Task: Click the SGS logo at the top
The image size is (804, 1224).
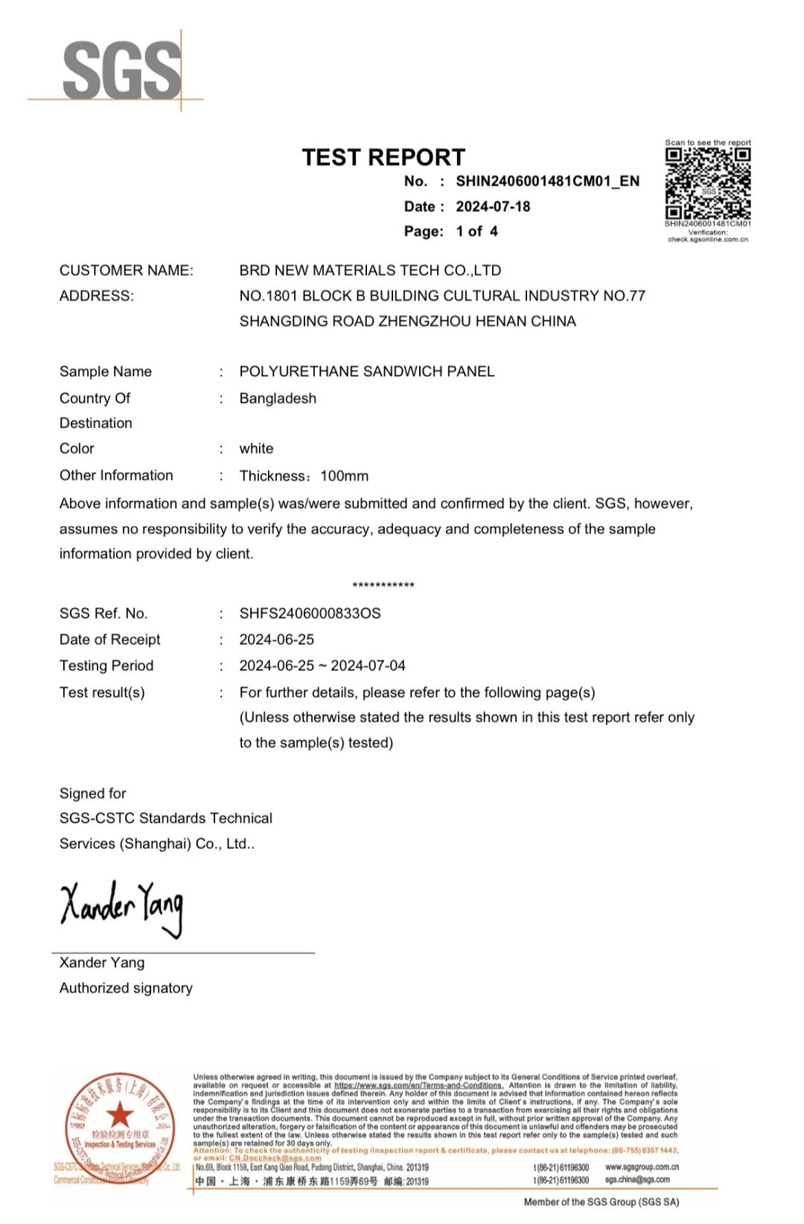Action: [x=122, y=71]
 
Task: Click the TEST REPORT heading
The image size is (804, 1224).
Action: [x=383, y=157]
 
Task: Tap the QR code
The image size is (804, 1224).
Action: [x=707, y=183]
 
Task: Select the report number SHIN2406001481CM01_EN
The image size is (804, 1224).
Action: [x=547, y=181]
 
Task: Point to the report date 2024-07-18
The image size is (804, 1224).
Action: [x=493, y=206]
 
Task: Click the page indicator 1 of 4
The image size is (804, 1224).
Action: [x=476, y=232]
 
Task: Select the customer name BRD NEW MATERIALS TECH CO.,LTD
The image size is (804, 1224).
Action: [x=370, y=270]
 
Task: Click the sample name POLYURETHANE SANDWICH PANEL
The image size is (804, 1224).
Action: [x=366, y=372]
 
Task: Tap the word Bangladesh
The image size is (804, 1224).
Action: [x=278, y=398]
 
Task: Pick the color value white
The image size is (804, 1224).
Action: [x=256, y=448]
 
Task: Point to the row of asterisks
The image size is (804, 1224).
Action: [x=383, y=586]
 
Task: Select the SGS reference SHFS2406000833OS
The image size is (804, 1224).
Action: [x=310, y=613]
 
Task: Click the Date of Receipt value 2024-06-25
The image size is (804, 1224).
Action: [x=276, y=640]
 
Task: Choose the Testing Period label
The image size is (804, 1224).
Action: [x=106, y=666]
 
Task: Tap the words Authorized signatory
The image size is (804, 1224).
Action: [x=126, y=988]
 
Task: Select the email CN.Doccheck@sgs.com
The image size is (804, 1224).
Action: [x=275, y=1158]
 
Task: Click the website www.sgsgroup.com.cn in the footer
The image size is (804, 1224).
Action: [x=642, y=1167]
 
